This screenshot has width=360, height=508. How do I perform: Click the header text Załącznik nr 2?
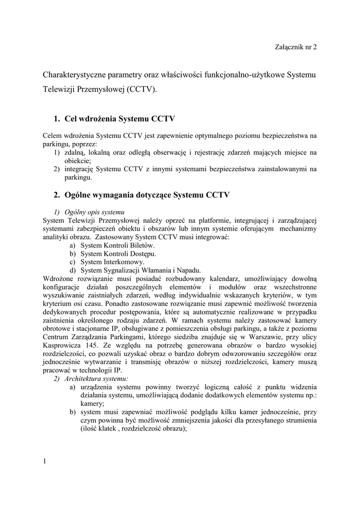coord(295,47)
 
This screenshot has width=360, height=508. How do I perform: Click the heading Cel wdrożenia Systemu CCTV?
coord(115,119)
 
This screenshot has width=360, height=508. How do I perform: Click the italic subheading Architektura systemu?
coord(94,379)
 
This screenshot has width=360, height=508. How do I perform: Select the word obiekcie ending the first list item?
coord(77,161)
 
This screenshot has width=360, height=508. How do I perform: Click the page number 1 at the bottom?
coord(44,462)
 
